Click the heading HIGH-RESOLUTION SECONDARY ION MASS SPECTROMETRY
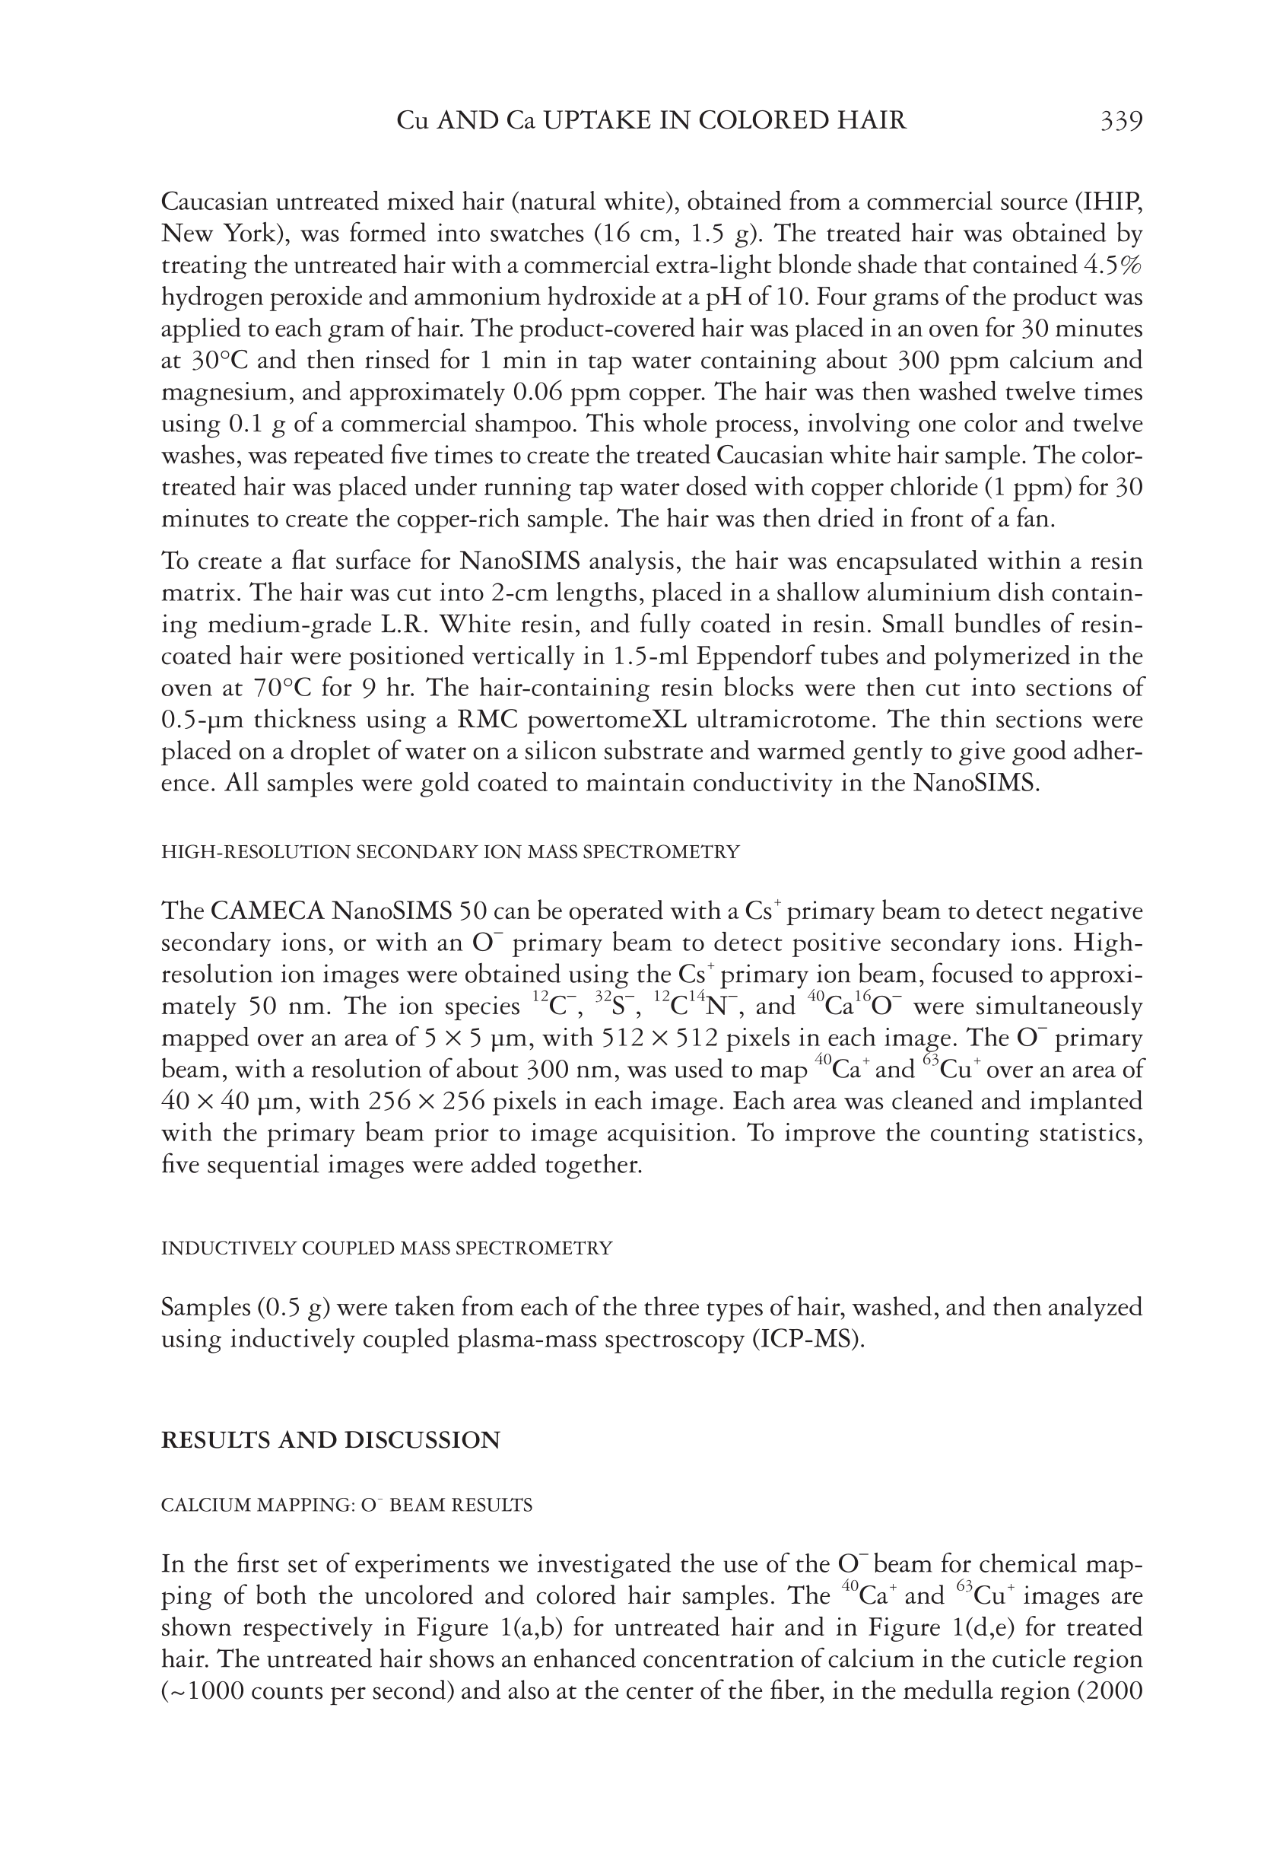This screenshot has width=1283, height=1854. (x=450, y=852)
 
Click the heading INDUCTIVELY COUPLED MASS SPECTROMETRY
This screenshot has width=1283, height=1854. (x=386, y=1248)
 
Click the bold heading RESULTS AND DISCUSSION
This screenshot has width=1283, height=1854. (x=330, y=1440)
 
